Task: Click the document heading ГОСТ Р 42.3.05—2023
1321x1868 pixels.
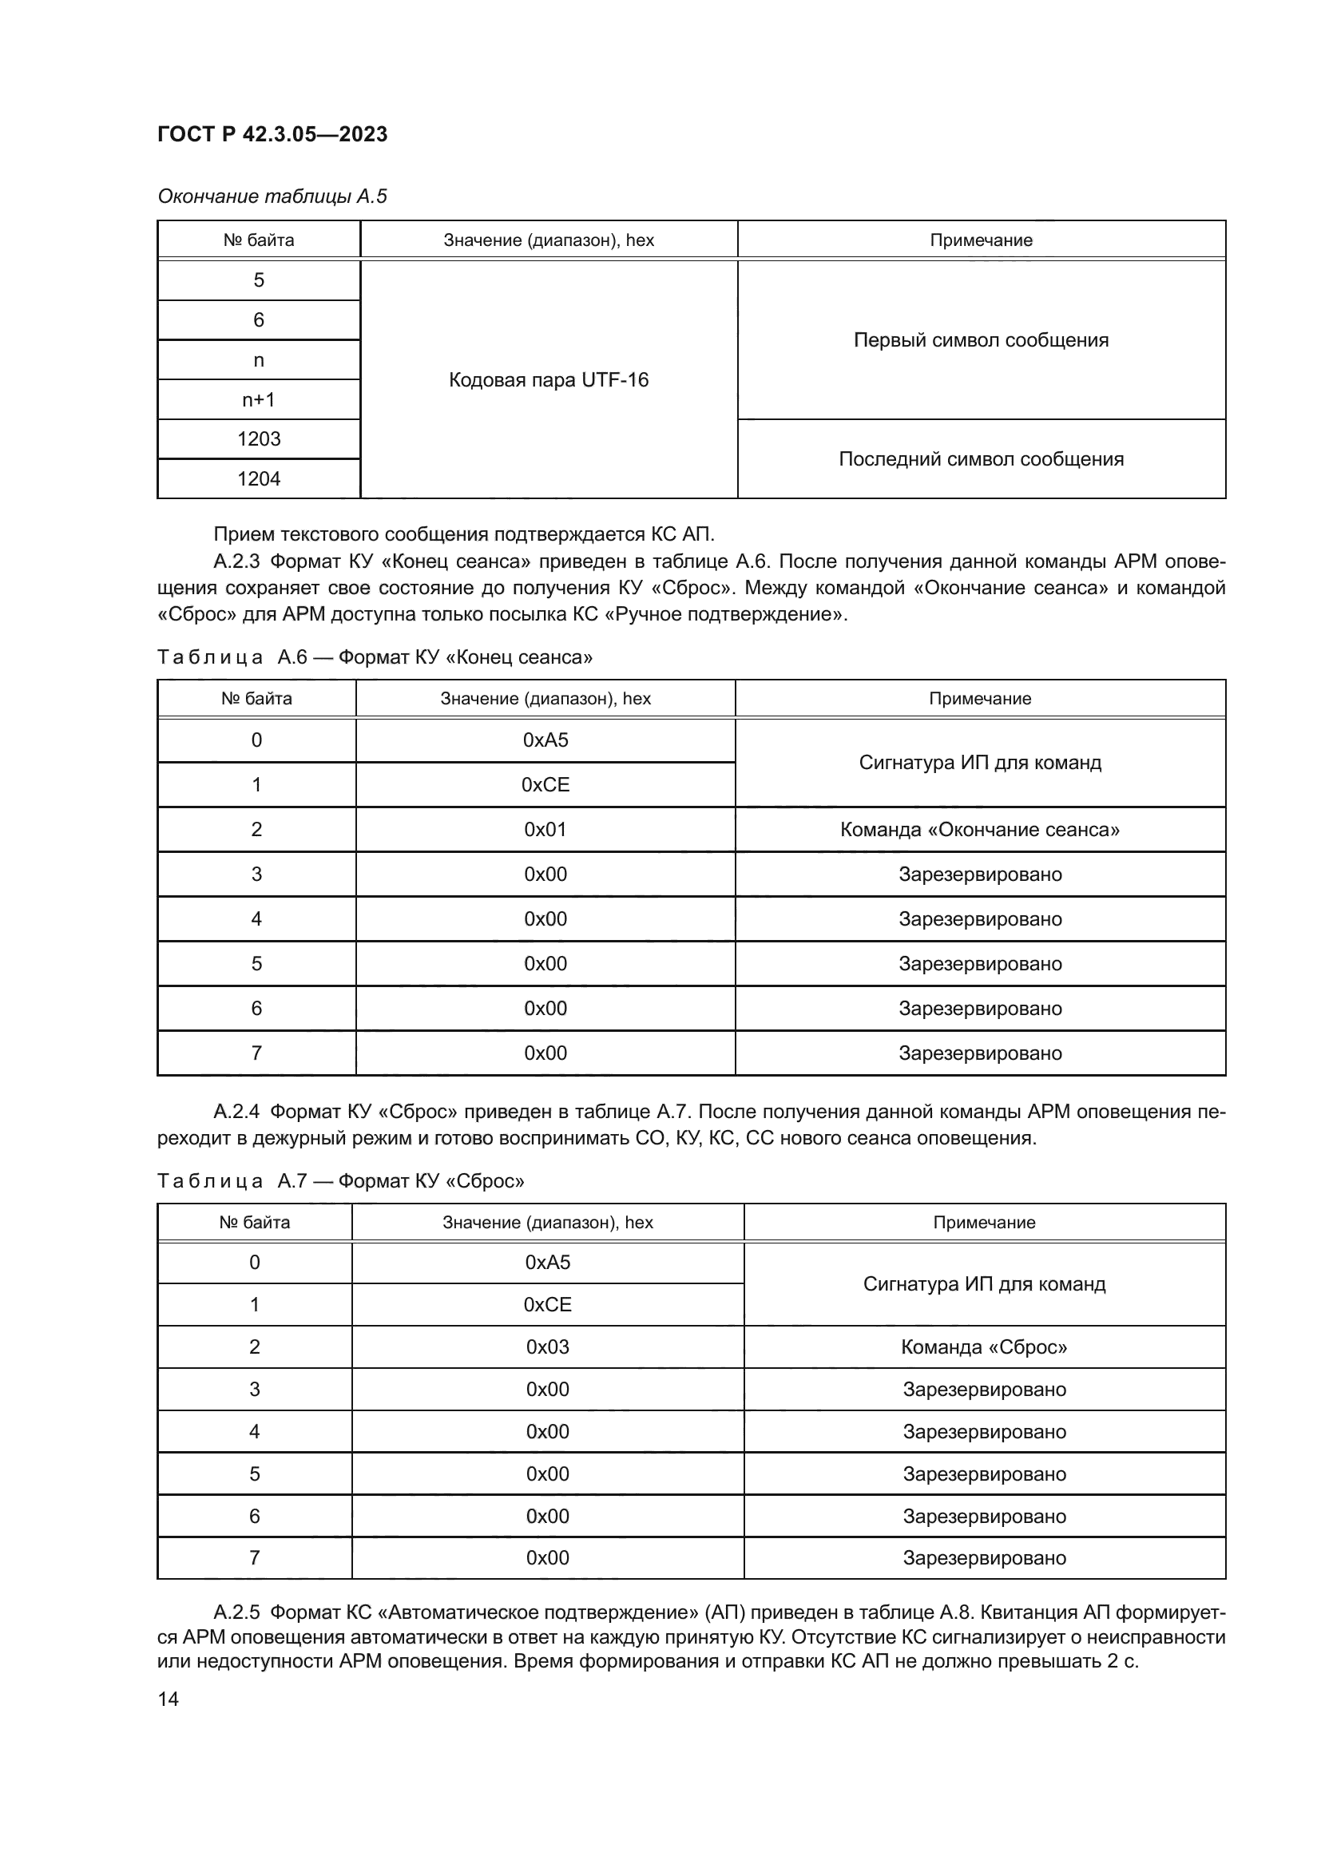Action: [272, 134]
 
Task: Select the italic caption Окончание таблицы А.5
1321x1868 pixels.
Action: [272, 196]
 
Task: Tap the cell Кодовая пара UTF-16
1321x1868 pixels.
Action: [548, 380]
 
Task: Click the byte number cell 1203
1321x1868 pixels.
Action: [259, 439]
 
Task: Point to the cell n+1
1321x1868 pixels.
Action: [259, 399]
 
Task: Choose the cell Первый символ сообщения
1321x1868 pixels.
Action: [980, 340]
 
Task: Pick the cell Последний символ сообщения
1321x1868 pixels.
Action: [980, 459]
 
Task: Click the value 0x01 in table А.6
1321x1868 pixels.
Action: [545, 830]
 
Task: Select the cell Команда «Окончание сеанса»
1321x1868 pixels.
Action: [979, 830]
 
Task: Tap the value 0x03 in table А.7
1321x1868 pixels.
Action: [547, 1347]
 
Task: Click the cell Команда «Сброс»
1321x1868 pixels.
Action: [983, 1347]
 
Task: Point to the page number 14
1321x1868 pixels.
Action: [169, 1699]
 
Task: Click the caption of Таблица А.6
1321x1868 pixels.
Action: [374, 657]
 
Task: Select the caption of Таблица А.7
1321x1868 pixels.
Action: [340, 1181]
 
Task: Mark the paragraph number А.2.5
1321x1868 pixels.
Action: [236, 1612]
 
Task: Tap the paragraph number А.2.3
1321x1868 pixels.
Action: [236, 562]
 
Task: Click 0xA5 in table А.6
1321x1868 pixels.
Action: [545, 740]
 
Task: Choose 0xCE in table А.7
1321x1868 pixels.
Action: [547, 1305]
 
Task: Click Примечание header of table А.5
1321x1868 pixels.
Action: [980, 241]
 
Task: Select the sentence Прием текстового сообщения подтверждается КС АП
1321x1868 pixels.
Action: [464, 534]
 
